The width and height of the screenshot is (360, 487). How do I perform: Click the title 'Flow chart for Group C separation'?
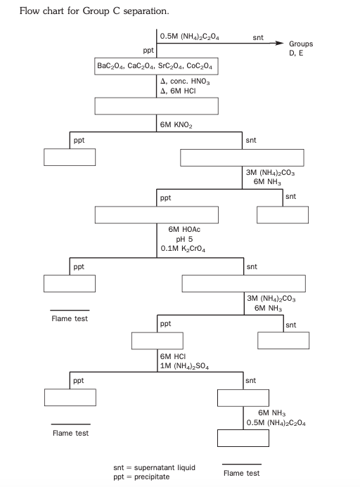click(x=94, y=11)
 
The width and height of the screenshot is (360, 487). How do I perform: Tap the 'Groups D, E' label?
click(x=301, y=48)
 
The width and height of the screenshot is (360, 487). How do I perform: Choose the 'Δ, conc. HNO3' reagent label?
click(x=186, y=82)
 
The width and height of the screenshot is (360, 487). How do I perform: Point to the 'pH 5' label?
click(x=185, y=239)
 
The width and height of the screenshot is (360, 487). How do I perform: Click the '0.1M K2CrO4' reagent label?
click(x=184, y=249)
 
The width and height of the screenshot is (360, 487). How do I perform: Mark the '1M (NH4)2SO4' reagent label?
click(x=185, y=366)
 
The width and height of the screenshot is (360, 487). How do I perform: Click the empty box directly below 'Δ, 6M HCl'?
click(x=156, y=106)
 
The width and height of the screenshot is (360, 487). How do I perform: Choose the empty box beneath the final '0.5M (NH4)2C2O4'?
click(x=243, y=438)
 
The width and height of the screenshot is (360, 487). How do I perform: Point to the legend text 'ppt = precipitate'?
click(x=141, y=476)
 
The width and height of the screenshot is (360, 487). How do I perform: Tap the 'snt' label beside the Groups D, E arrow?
click(x=258, y=37)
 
